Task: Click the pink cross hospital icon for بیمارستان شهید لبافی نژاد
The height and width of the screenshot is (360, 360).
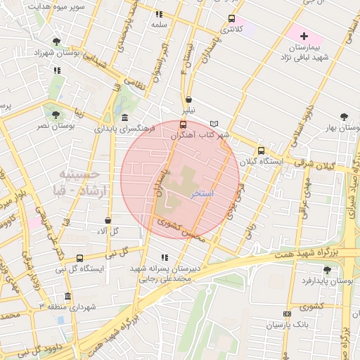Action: [304, 36]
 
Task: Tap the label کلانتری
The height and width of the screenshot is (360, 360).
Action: [232, 30]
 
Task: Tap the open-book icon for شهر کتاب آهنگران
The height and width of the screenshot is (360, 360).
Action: [214, 124]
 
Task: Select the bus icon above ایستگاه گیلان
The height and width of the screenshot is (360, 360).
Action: [261, 150]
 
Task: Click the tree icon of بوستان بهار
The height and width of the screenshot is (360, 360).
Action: [344, 117]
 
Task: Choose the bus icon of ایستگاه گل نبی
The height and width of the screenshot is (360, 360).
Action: [79, 258]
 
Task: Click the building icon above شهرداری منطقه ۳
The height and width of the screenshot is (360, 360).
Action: [67, 296]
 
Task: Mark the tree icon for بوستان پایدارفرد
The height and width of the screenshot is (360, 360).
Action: [326, 269]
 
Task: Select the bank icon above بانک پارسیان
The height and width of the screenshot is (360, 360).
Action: [286, 314]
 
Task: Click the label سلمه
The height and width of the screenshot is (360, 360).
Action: [158, 24]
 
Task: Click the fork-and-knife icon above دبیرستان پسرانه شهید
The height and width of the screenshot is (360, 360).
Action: [165, 257]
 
